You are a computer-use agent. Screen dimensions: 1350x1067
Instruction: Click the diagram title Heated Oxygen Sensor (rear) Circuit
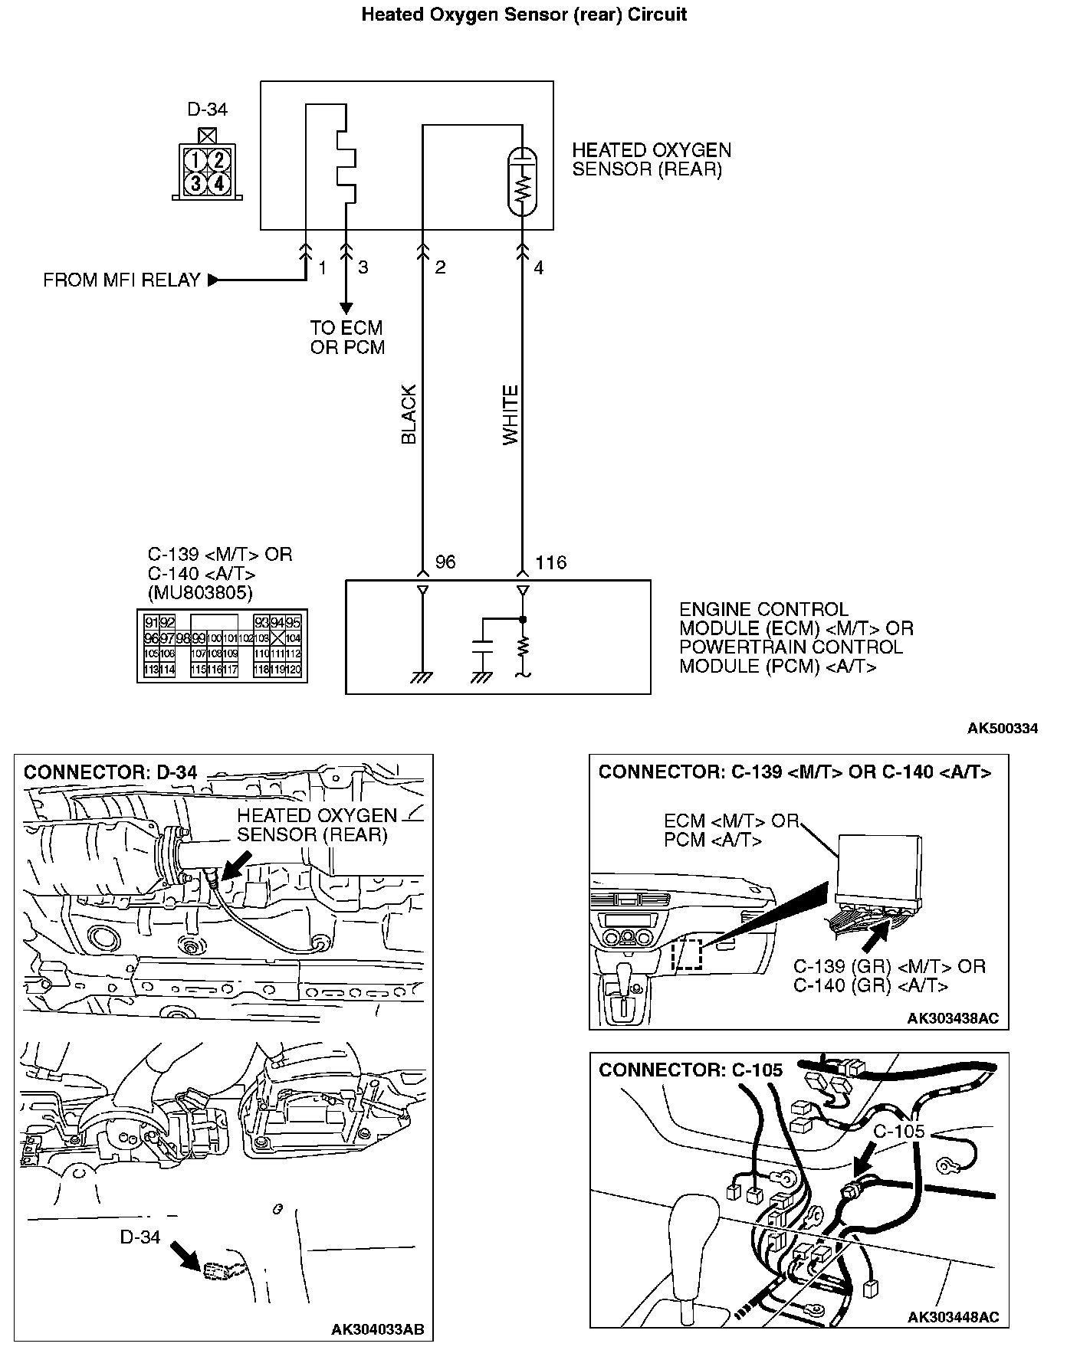pyautogui.click(x=524, y=15)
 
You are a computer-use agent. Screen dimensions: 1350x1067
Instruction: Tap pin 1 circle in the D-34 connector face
pyautogui.click(x=197, y=160)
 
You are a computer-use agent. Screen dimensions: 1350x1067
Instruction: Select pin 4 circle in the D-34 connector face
pyautogui.click(x=218, y=183)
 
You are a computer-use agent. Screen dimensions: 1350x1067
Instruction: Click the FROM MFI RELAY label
pyautogui.click(x=122, y=280)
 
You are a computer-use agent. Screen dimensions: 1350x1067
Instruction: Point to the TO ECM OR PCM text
pyautogui.click(x=347, y=337)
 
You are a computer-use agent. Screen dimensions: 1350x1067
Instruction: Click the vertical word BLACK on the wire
pyautogui.click(x=409, y=415)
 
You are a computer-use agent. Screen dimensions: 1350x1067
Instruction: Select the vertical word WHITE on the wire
pyautogui.click(x=511, y=415)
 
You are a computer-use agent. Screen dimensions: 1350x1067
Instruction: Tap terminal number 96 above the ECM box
pyautogui.click(x=445, y=562)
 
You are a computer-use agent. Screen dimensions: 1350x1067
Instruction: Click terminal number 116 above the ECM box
pyautogui.click(x=550, y=562)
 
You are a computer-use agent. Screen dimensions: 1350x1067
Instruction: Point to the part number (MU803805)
pyautogui.click(x=199, y=592)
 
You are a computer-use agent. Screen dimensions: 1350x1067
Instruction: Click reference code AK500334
pyautogui.click(x=1002, y=728)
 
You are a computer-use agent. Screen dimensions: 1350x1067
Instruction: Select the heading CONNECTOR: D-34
pyautogui.click(x=110, y=772)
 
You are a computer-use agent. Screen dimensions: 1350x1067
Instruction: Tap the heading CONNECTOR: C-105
pyautogui.click(x=691, y=1070)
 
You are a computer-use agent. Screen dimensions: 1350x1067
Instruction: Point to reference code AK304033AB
pyautogui.click(x=377, y=1329)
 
